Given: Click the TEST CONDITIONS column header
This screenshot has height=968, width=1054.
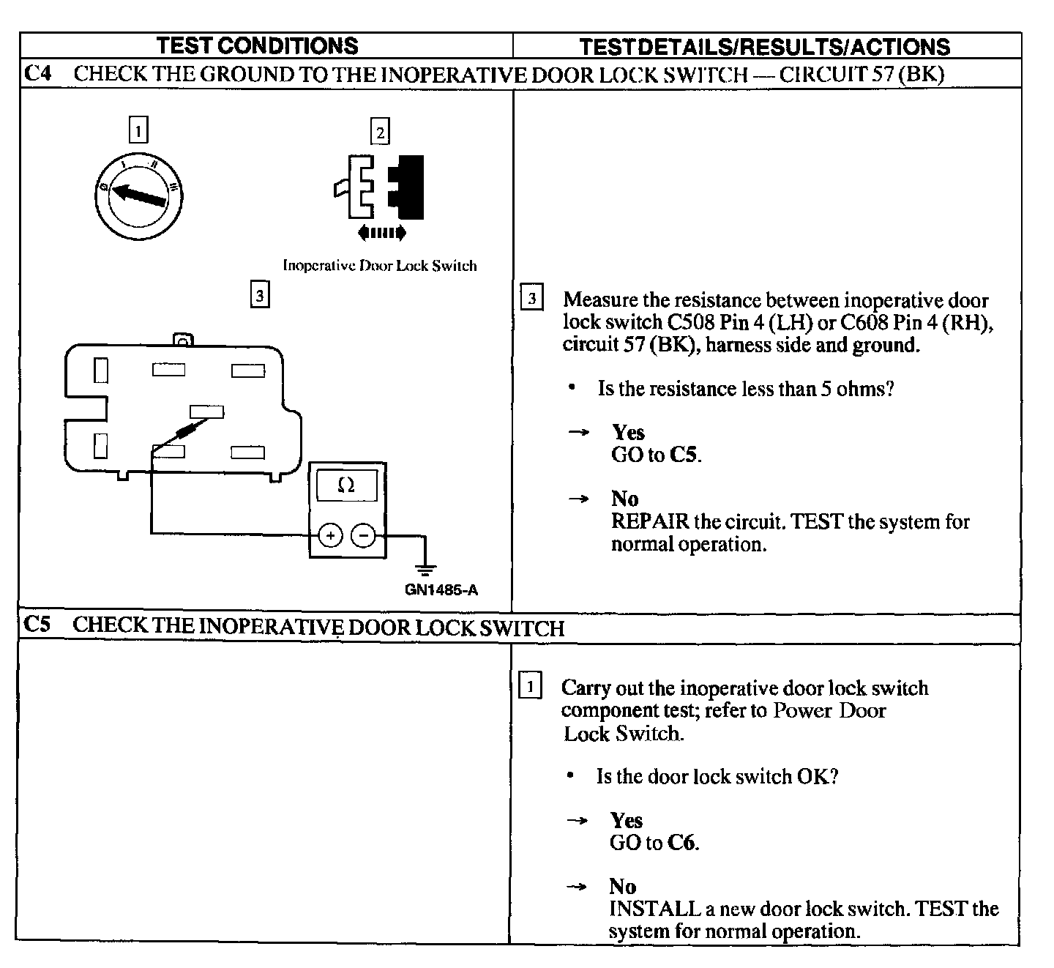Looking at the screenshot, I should pyautogui.click(x=258, y=45).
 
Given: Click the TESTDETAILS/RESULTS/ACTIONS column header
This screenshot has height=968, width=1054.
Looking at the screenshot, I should pyautogui.click(x=764, y=47).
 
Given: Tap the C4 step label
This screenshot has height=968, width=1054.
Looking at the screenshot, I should pyautogui.click(x=38, y=73).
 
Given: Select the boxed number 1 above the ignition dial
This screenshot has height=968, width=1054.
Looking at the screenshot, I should pyautogui.click(x=138, y=130).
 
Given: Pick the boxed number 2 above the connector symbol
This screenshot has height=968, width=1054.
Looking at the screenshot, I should pyautogui.click(x=380, y=132).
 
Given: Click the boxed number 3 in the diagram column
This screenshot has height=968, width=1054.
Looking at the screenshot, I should pyautogui.click(x=259, y=295).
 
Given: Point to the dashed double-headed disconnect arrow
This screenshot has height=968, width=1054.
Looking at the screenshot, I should pyautogui.click(x=381, y=234).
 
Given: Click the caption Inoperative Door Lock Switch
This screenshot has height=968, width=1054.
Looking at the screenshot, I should pyautogui.click(x=379, y=266).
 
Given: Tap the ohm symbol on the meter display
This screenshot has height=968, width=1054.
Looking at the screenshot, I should pyautogui.click(x=347, y=485).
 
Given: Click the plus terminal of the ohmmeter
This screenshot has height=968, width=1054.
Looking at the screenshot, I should pyautogui.click(x=331, y=536).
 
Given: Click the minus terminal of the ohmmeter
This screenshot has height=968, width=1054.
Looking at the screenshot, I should pyautogui.click(x=364, y=536).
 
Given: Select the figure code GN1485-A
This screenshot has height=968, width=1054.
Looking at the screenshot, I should pyautogui.click(x=441, y=590).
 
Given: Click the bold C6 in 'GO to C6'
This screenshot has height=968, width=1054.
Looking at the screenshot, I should pyautogui.click(x=681, y=843).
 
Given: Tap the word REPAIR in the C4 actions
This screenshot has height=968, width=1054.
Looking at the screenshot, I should pyautogui.click(x=650, y=521).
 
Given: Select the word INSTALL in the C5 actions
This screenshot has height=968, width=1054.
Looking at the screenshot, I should pyautogui.click(x=654, y=909).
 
